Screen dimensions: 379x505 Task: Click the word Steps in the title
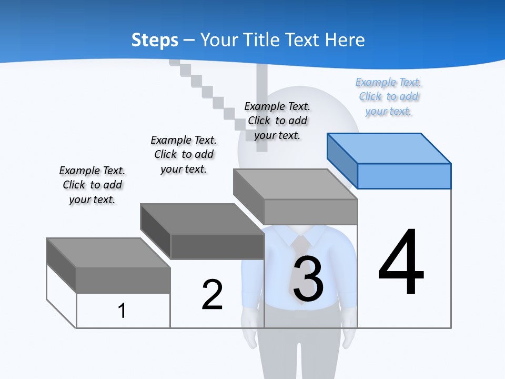[x=155, y=40]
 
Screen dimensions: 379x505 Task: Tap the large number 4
[x=401, y=262]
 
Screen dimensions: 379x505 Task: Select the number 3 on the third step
[x=308, y=278]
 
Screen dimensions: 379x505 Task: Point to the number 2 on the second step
[x=212, y=295]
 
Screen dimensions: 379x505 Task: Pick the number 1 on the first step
[x=122, y=311]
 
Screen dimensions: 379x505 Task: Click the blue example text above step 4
[x=389, y=97]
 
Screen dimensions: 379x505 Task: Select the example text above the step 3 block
[x=277, y=121]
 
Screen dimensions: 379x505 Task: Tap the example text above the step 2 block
[x=184, y=154]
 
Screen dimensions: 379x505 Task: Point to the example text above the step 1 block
[x=92, y=185]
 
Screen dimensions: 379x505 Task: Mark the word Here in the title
[x=346, y=40]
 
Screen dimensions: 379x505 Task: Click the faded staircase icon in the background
[x=210, y=89]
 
